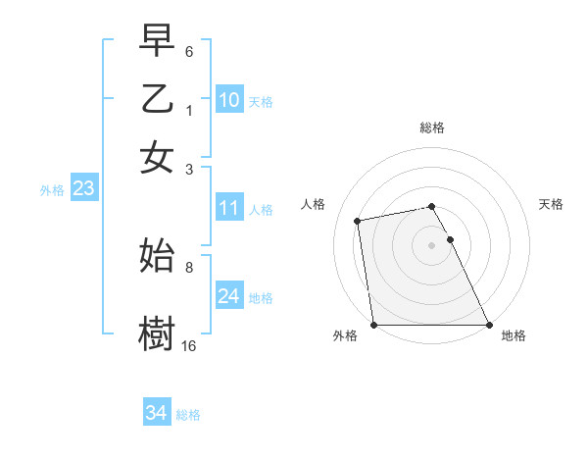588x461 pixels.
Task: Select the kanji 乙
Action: click(158, 100)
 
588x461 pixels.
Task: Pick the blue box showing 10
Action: click(228, 99)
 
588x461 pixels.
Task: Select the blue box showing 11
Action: click(228, 208)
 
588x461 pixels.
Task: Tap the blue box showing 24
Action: click(228, 296)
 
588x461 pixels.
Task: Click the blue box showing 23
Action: click(83, 189)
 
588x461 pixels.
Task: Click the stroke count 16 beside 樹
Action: click(189, 345)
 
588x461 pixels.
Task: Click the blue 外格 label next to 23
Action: click(52, 190)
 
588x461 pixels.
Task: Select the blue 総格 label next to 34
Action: click(188, 415)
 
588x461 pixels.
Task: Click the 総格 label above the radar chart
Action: click(432, 128)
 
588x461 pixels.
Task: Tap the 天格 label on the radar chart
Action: click(552, 204)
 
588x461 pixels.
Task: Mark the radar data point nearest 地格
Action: click(489, 325)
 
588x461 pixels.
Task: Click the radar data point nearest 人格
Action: click(358, 221)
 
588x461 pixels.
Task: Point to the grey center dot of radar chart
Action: click(432, 245)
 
